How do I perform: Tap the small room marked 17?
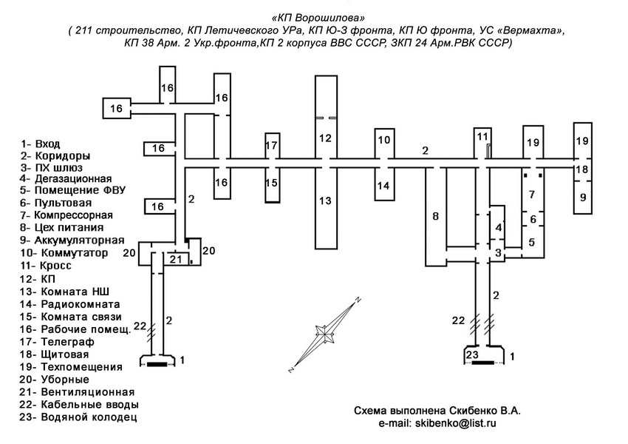coord(271,144)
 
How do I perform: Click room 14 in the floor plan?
coord(383,185)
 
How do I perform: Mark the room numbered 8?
coord(435,216)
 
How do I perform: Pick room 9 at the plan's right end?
coord(583,198)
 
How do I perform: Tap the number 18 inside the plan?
coord(583,170)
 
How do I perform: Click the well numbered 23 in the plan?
coord(474,354)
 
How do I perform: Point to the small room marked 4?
coord(499,228)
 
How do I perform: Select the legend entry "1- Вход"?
coord(41,144)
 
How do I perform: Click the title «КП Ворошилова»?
coord(313,16)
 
